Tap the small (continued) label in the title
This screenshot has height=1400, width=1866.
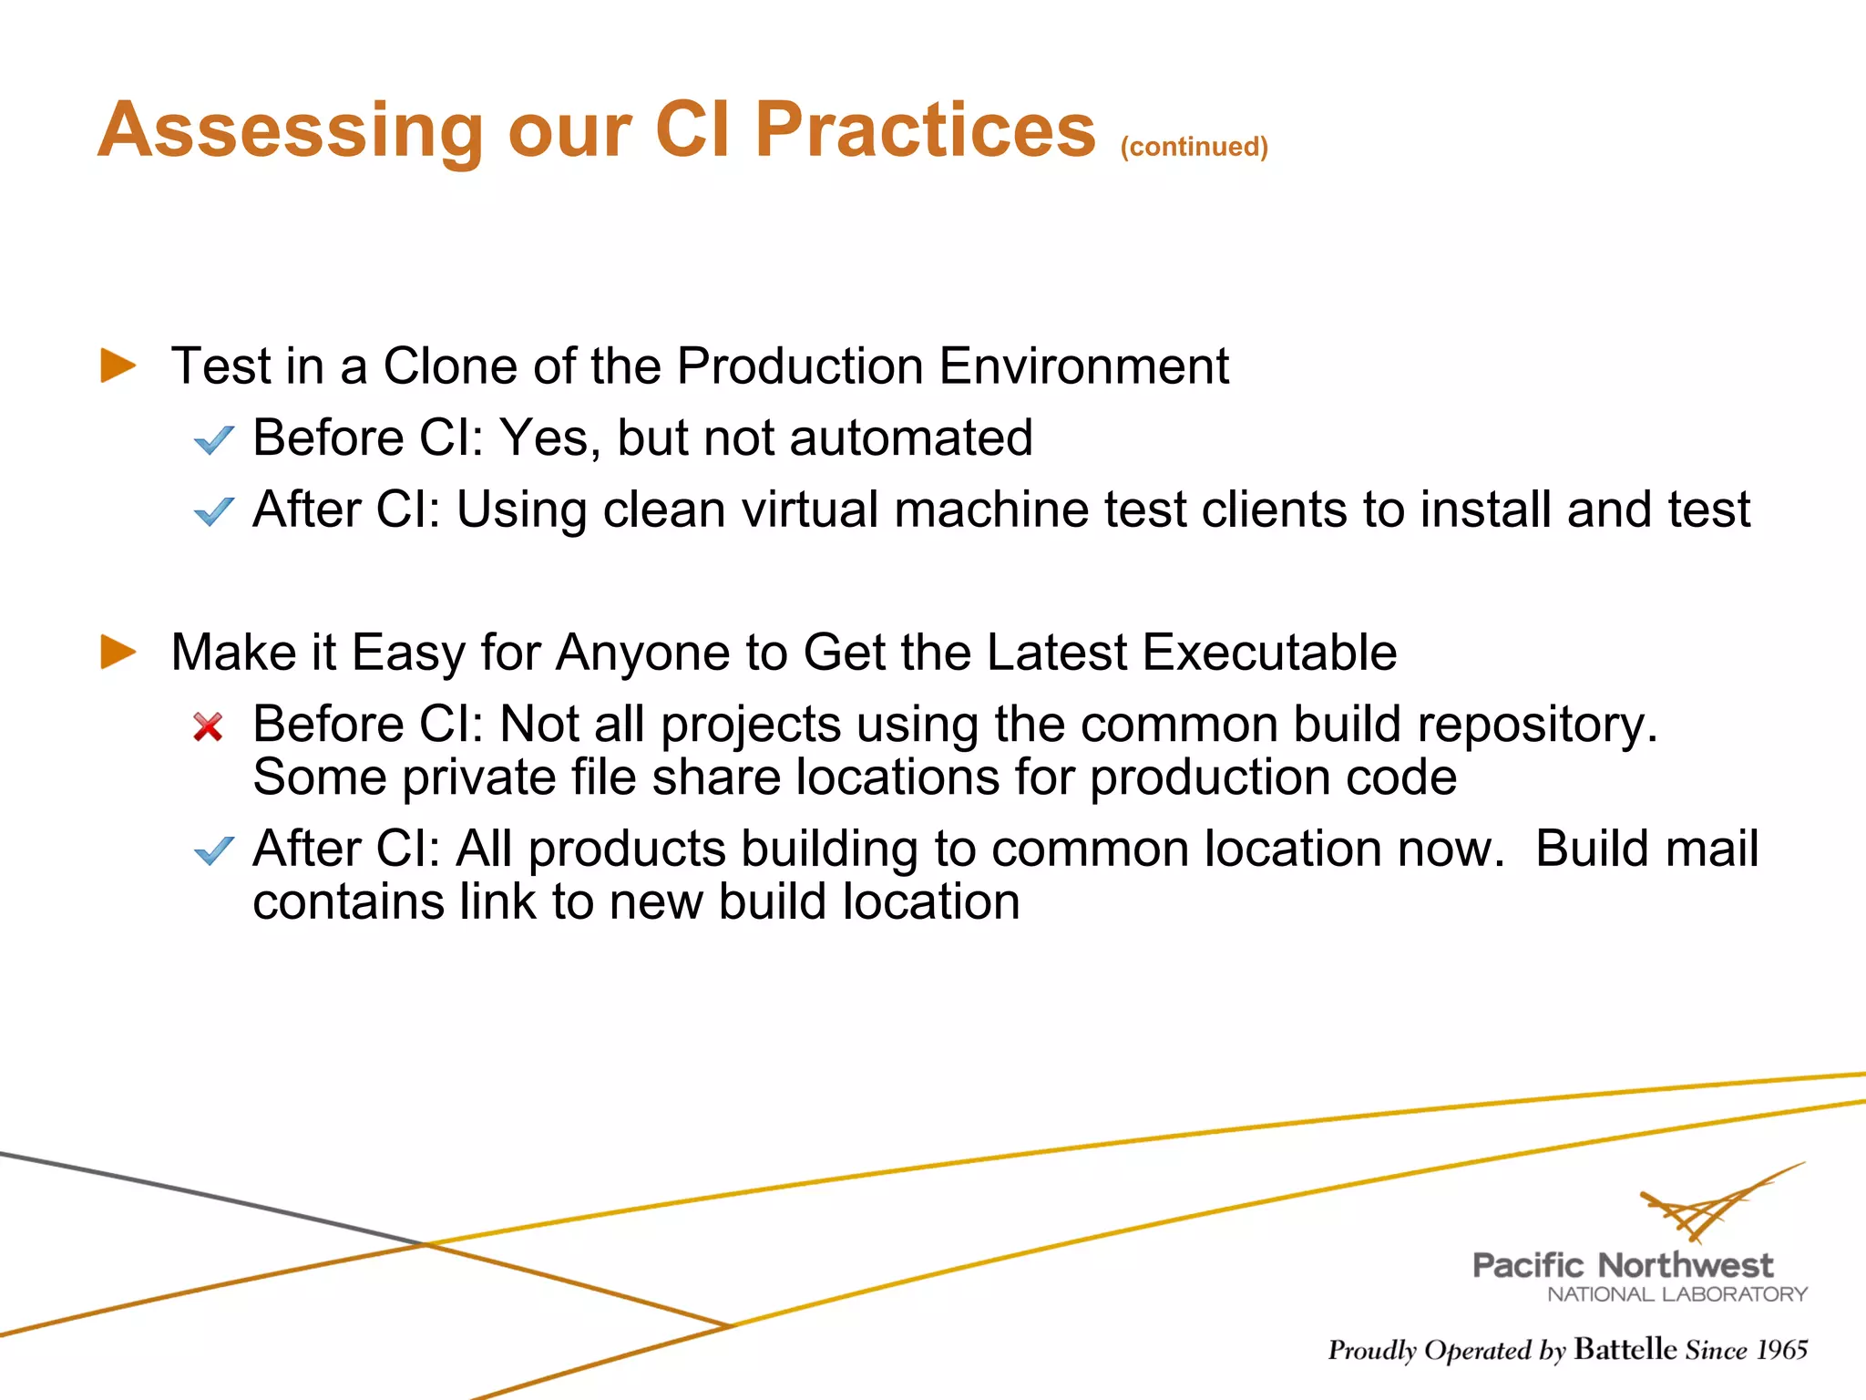(x=1194, y=147)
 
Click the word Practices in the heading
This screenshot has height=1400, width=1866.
(x=925, y=129)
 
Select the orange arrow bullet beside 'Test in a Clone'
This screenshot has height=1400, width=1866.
(x=118, y=365)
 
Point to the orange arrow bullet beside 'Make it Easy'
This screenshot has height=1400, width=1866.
(x=118, y=652)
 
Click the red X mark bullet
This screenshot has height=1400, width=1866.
(x=209, y=726)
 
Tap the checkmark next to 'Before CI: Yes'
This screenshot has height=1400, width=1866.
(x=214, y=440)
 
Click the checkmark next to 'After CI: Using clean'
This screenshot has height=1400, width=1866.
(x=214, y=511)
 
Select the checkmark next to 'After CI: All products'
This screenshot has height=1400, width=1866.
(x=214, y=850)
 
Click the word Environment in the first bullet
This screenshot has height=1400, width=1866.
(x=1083, y=366)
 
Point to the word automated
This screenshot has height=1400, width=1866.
(x=911, y=437)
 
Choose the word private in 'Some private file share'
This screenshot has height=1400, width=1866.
(x=478, y=777)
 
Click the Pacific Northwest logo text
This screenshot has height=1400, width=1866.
(x=1622, y=1265)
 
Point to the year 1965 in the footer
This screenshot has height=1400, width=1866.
(x=1781, y=1350)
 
